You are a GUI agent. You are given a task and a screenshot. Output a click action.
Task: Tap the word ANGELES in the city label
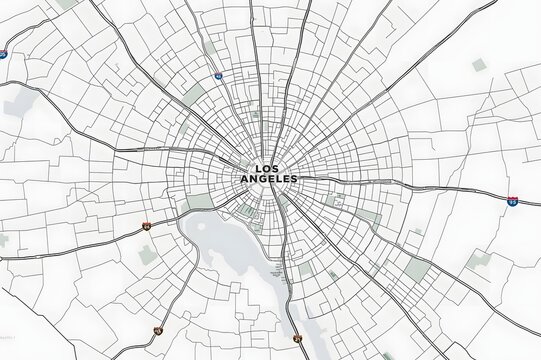tap(270, 179)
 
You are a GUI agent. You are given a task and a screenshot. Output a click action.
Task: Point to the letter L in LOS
tap(259, 168)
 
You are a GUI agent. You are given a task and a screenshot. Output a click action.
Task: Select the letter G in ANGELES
tap(263, 179)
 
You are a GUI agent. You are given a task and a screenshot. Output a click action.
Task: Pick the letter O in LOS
tap(269, 168)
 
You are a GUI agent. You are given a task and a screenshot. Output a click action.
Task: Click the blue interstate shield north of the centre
tap(218, 75)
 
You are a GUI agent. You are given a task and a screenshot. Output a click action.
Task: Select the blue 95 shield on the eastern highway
tap(512, 201)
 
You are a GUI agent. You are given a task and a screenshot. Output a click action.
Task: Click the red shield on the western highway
tap(146, 227)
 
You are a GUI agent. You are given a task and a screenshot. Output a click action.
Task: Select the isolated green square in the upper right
tap(479, 65)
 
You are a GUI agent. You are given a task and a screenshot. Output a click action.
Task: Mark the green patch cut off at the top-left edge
tap(68, 4)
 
